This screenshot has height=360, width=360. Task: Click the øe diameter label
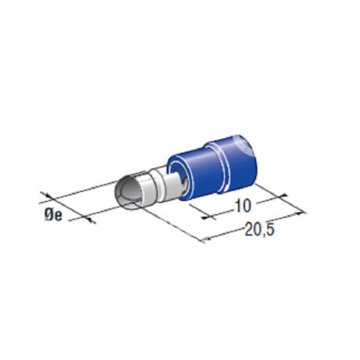point(53,215)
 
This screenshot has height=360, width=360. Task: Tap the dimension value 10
point(243,205)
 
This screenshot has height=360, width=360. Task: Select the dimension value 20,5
point(260,230)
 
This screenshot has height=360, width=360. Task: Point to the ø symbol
point(49,215)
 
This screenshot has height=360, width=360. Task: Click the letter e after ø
point(59,216)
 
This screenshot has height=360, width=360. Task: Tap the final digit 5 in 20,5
point(270,230)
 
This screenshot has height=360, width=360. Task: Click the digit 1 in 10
point(237,205)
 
